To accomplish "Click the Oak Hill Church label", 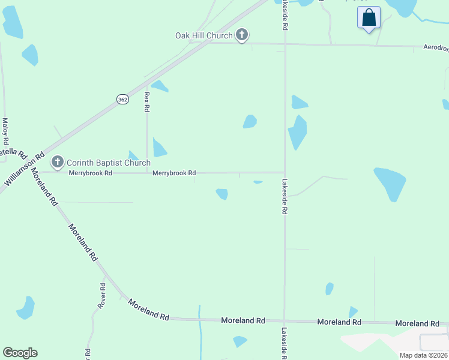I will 203,35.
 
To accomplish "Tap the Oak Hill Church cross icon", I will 242,35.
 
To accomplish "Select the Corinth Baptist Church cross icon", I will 58,161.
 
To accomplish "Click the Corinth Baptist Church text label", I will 108,163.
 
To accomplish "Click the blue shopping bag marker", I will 369,18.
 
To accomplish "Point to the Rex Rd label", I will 146,102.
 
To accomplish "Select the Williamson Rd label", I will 25,170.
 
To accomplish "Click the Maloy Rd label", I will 5,130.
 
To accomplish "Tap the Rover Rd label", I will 102,296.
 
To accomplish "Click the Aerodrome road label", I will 435,47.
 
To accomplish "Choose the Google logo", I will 20,353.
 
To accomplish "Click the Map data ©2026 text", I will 423,355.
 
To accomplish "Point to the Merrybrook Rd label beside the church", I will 90,173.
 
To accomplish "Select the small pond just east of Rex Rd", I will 159,147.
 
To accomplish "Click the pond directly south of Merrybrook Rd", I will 222,194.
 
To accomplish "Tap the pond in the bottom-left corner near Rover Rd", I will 26,307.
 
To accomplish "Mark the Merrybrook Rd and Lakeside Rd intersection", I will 285,173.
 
